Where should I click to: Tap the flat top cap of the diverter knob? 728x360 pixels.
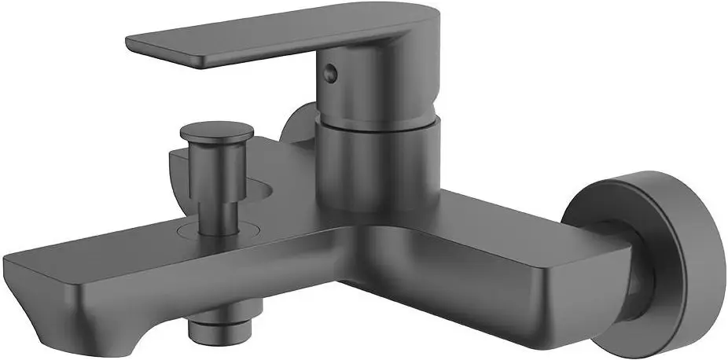[212, 130]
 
